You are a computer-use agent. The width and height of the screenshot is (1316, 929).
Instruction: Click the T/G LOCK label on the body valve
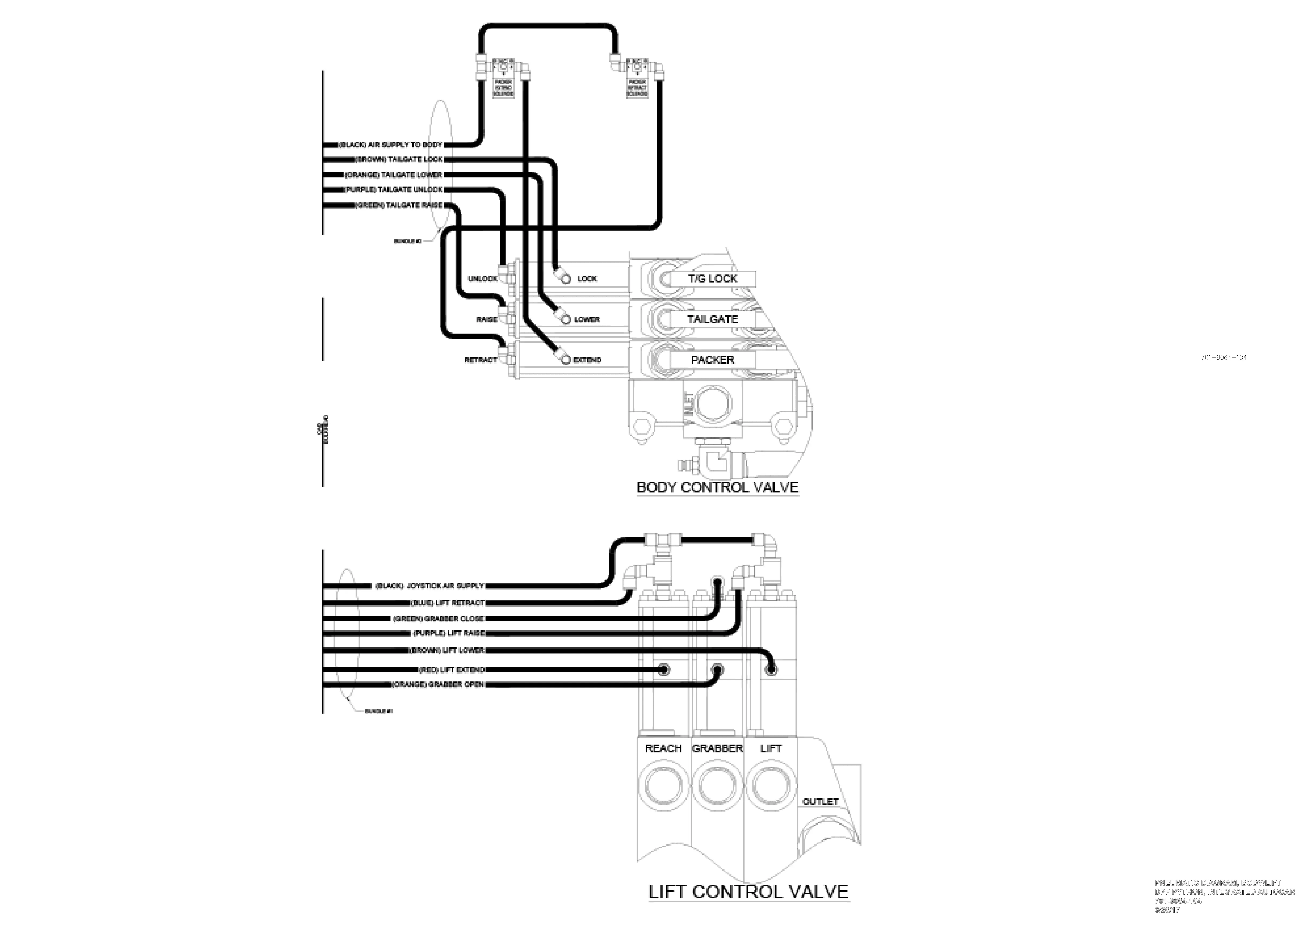[x=713, y=278]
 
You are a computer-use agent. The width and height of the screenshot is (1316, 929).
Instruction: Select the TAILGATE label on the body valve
[x=713, y=319]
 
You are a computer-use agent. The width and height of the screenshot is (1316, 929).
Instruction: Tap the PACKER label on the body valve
[x=713, y=360]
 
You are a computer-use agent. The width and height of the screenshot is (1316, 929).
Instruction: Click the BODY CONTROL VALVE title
[x=718, y=488]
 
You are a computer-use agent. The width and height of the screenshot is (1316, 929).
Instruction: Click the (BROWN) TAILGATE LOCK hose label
[x=399, y=159]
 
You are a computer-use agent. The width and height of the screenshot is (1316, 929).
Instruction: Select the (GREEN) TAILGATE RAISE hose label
[x=399, y=205]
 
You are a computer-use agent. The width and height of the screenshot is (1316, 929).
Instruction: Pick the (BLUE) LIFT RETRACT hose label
[x=448, y=603]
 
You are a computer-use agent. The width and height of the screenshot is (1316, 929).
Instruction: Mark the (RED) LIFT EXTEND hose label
[x=452, y=669]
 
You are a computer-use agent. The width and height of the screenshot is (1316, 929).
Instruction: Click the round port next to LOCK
[x=566, y=279]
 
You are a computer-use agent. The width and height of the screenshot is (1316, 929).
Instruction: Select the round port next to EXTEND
[x=566, y=360]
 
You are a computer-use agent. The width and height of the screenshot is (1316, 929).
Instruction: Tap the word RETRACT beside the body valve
[x=480, y=360]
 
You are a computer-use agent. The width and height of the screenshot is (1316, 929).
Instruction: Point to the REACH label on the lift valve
[x=663, y=748]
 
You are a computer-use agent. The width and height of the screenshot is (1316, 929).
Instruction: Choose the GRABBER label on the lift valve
[x=717, y=748]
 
